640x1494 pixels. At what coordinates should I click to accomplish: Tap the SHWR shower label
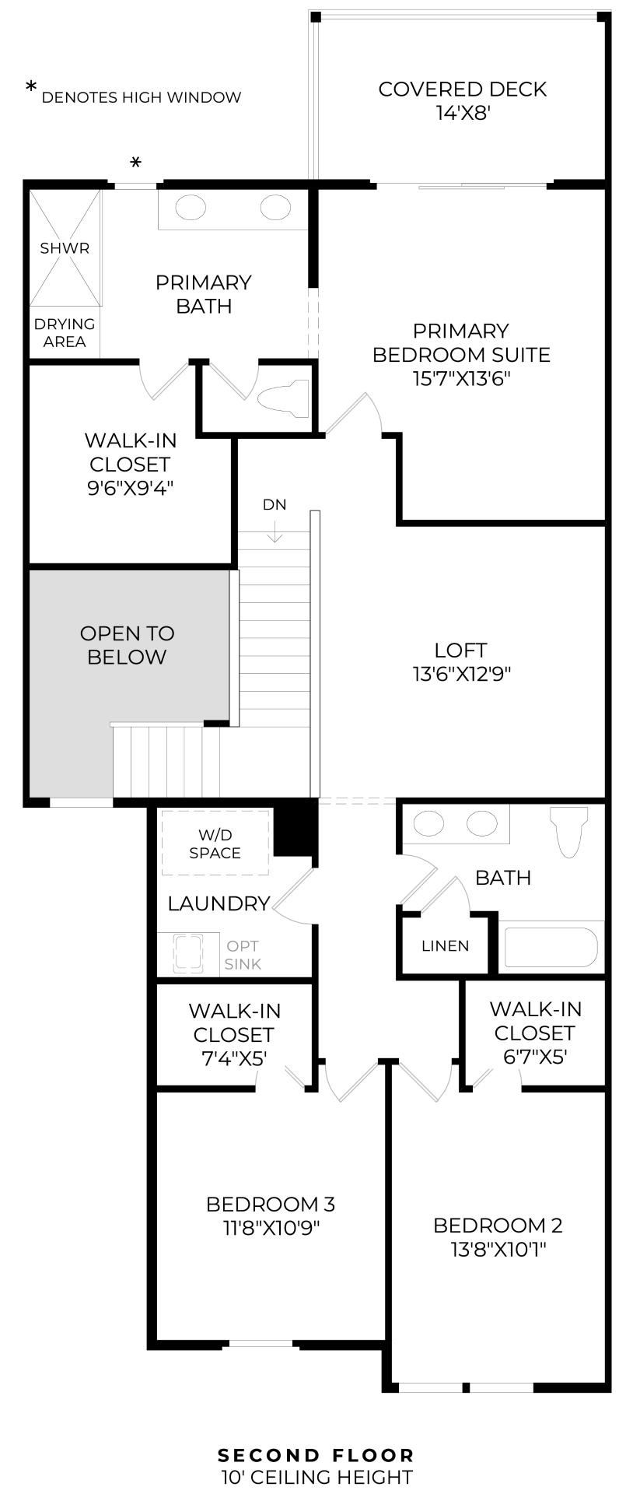[65, 248]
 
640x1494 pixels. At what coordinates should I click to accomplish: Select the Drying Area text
[65, 332]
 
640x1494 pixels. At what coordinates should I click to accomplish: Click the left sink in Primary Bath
[191, 208]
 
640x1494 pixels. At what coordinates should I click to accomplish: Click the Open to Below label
[127, 644]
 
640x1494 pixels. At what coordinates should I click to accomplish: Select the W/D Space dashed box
[215, 843]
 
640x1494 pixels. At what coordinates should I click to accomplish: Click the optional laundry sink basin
[187, 953]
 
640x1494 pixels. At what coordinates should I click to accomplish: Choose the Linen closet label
[446, 946]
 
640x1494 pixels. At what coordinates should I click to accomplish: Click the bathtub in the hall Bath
[551, 947]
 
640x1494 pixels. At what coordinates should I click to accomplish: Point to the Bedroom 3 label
[271, 1204]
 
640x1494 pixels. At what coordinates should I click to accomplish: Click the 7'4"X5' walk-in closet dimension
[233, 1058]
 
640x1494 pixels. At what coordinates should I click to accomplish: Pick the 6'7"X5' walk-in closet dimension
[534, 1056]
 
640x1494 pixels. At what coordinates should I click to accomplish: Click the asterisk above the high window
[136, 163]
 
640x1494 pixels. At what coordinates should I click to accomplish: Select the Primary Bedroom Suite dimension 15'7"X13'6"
[461, 379]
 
